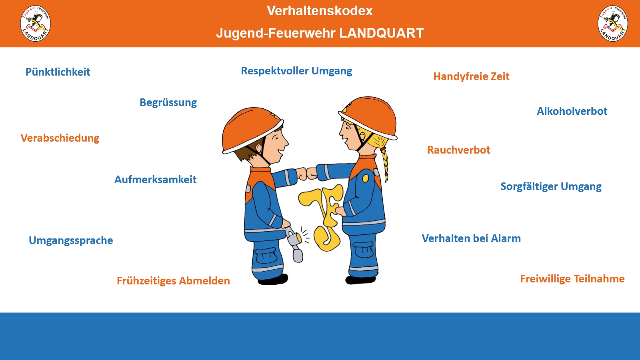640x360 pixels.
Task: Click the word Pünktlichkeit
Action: [58, 72]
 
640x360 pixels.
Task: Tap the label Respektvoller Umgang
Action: [296, 71]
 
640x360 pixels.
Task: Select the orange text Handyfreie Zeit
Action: [471, 76]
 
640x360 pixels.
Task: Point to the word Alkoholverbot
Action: [572, 111]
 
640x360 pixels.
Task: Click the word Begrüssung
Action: [168, 102]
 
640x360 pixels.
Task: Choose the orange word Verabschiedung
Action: [60, 138]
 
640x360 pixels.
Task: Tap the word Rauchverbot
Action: [458, 150]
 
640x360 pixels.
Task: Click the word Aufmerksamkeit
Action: [156, 180]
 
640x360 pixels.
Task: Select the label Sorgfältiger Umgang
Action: [551, 186]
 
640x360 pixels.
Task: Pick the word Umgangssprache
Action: [71, 240]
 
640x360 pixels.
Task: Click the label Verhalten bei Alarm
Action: [471, 238]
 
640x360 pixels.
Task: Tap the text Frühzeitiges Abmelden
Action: [173, 281]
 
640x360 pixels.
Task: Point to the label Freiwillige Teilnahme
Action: [572, 279]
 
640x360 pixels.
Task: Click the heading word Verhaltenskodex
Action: [320, 11]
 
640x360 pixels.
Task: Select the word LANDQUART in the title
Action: [382, 33]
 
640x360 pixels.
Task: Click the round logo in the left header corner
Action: [36, 24]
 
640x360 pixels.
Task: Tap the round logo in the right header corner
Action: [612, 24]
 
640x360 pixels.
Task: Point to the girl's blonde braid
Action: [384, 163]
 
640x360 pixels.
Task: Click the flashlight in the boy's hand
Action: [295, 244]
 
